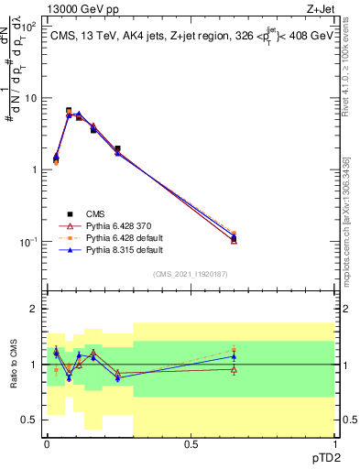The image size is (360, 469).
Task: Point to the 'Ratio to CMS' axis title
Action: [x=13, y=365]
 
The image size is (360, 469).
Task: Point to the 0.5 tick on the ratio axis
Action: [x=28, y=420]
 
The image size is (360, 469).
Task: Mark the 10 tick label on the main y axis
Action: [x=29, y=98]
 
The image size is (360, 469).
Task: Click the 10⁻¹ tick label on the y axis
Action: [x=27, y=242]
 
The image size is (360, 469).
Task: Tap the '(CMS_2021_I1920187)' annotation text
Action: [x=190, y=273]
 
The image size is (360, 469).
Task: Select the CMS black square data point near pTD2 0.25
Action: [x=117, y=148]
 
